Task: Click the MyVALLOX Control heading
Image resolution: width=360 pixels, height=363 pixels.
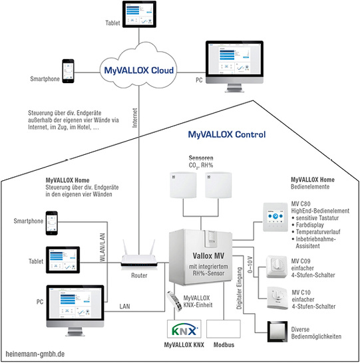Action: coord(226,134)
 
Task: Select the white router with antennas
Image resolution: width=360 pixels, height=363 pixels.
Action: coord(140,261)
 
